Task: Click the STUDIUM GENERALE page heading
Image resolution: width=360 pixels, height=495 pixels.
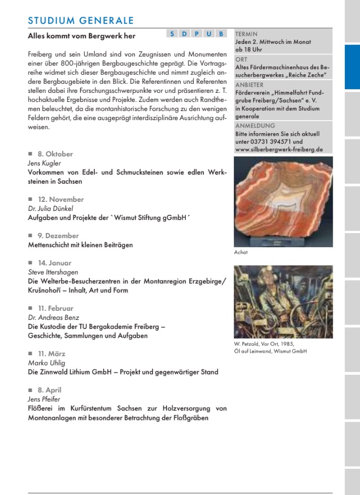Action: point(81,21)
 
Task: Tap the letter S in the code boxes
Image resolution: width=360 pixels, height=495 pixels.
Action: point(172,34)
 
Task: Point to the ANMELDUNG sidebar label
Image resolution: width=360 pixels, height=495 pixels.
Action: point(255,126)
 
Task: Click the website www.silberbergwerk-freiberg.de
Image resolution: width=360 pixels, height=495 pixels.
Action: point(279,149)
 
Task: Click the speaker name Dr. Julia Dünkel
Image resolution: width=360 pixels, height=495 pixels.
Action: point(50,207)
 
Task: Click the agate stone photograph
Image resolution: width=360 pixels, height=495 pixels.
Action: point(283,201)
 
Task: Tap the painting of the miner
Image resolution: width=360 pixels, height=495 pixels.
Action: point(283,302)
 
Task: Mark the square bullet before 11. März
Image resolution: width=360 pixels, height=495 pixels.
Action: point(30,354)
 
